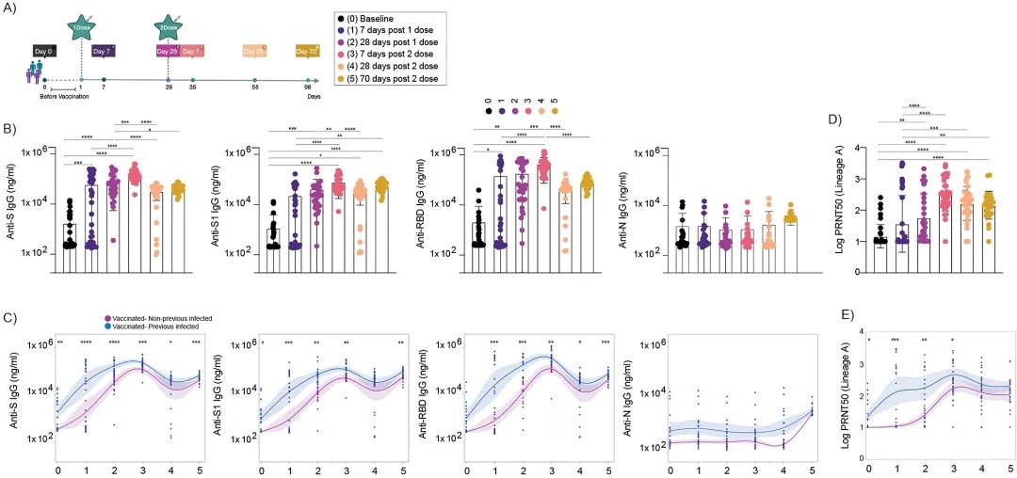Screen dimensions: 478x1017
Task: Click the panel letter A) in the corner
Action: pos(9,9)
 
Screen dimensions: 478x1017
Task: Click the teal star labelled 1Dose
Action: pos(82,25)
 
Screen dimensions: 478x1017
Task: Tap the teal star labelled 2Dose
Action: pos(169,25)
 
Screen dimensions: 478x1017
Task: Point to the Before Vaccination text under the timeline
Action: pos(65,96)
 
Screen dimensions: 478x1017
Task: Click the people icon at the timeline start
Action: pos(36,72)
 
